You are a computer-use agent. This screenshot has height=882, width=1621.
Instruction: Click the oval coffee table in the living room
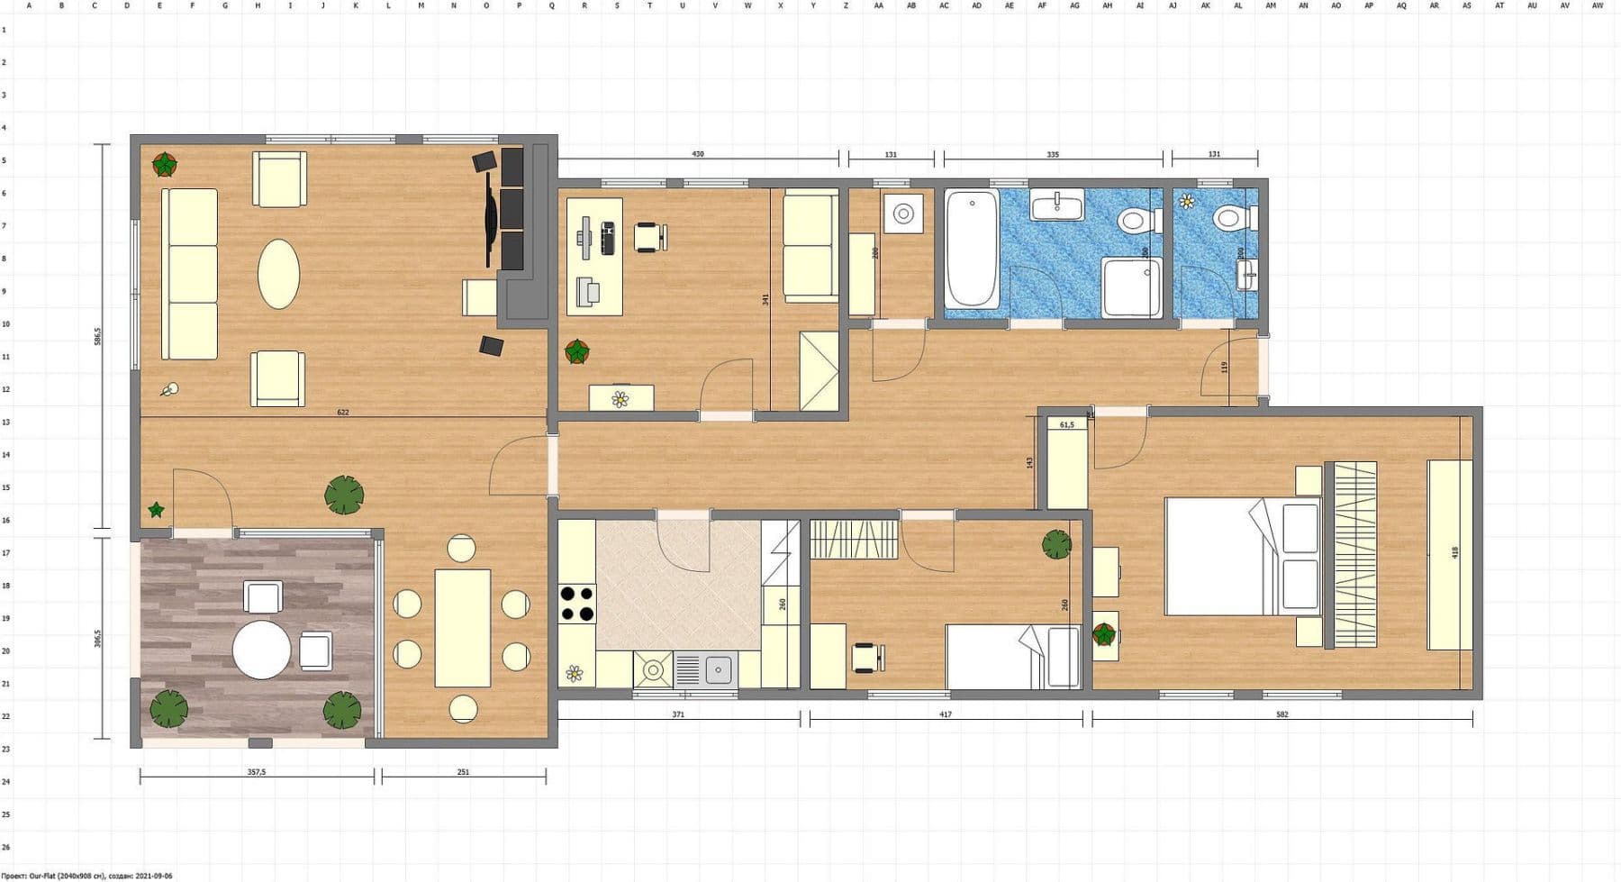tap(278, 274)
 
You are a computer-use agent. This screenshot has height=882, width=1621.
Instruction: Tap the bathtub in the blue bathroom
tap(972, 248)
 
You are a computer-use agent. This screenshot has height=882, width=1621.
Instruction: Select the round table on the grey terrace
tap(261, 650)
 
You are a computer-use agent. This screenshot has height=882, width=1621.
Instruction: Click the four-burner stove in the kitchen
tap(577, 604)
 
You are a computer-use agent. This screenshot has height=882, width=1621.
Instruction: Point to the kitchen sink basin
tap(718, 669)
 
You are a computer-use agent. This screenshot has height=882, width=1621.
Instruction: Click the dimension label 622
tap(343, 412)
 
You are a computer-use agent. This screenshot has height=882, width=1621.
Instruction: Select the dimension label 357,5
tap(257, 772)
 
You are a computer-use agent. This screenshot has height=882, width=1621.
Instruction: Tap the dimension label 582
tap(1282, 714)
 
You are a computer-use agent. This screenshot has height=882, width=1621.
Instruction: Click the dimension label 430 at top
tap(698, 154)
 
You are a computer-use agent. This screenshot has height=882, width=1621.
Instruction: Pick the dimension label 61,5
tap(1067, 424)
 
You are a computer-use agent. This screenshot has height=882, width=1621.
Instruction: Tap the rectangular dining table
tap(463, 628)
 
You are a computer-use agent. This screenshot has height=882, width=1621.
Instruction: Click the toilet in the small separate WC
tap(1232, 217)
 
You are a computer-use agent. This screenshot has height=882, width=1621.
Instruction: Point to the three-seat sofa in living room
tap(189, 274)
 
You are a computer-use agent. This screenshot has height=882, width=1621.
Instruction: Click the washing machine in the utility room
tap(902, 214)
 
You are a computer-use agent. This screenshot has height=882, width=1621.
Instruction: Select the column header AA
tap(878, 5)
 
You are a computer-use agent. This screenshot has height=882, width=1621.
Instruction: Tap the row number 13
tap(5, 422)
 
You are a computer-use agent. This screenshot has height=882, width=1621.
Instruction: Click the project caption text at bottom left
tap(86, 876)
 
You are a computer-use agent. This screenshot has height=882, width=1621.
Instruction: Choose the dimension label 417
tap(946, 714)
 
